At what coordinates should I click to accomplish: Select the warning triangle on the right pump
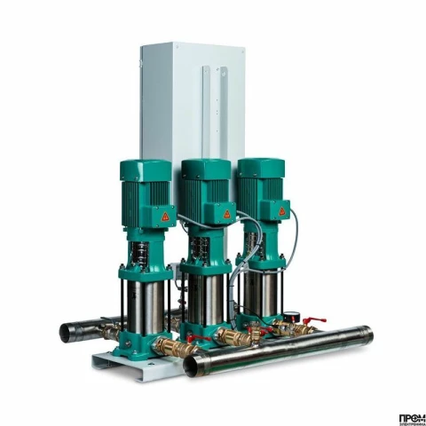(x=283, y=212)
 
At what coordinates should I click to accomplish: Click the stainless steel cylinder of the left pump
(x=142, y=302)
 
